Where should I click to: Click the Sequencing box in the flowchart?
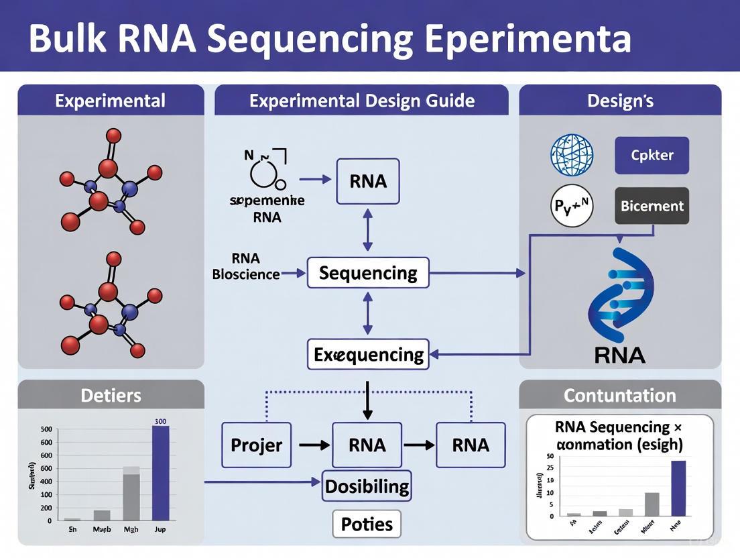click(x=367, y=273)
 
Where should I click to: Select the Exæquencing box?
click(x=368, y=354)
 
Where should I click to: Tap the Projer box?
click(x=256, y=445)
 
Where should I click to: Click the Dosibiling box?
click(x=367, y=486)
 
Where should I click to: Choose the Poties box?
click(x=367, y=524)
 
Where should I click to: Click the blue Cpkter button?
click(x=652, y=155)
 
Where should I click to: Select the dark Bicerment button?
click(x=652, y=206)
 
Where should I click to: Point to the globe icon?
click(x=572, y=155)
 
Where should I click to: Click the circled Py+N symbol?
click(x=572, y=205)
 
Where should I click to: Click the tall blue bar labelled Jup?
click(x=161, y=473)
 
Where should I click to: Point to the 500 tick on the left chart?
click(x=46, y=430)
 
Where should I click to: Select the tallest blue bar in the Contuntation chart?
click(x=678, y=488)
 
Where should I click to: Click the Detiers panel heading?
click(x=111, y=395)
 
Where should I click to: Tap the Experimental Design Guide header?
click(x=361, y=101)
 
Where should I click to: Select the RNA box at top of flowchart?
click(x=368, y=181)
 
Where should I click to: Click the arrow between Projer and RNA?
click(x=312, y=445)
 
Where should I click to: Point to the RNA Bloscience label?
click(x=246, y=266)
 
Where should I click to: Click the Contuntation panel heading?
click(x=619, y=395)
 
